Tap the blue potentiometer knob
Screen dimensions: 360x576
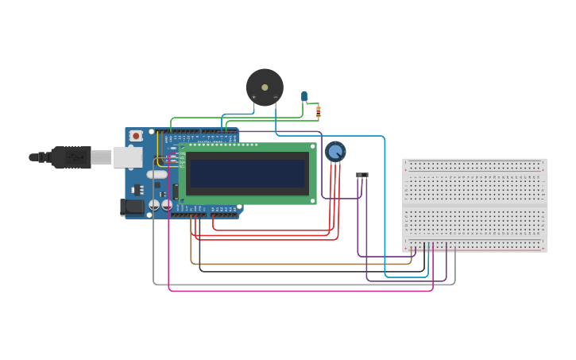[335, 151]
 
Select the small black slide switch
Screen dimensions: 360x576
[362, 175]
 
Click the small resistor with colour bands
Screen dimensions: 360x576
[318, 111]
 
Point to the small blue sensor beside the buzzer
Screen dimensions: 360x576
[304, 96]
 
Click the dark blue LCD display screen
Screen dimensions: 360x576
[247, 173]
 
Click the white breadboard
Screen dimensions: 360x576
[474, 205]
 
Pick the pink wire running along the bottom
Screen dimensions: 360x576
[302, 291]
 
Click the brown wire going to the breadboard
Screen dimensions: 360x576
[302, 264]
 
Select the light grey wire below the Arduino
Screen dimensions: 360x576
[302, 285]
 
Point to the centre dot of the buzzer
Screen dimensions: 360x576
[265, 87]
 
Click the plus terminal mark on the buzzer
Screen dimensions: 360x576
[254, 97]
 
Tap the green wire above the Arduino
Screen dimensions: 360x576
[199, 118]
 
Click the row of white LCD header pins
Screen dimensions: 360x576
[215, 145]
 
